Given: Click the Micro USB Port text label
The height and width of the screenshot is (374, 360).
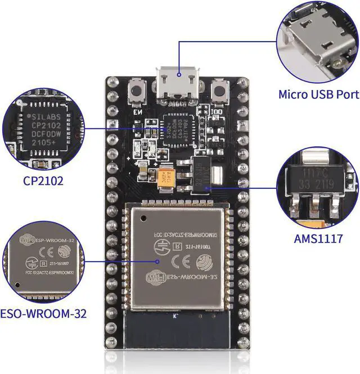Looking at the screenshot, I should (318, 94).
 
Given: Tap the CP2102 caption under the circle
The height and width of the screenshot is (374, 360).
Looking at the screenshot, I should (43, 181).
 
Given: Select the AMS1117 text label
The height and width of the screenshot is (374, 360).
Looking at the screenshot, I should (318, 238).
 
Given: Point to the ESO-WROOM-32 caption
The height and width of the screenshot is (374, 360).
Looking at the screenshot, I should (43, 313).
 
